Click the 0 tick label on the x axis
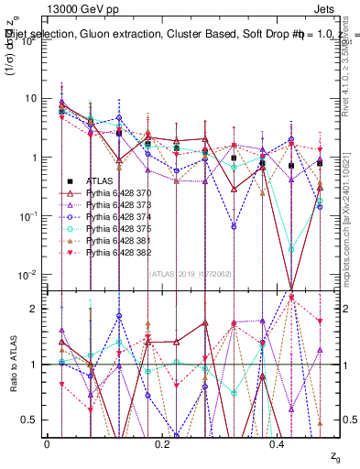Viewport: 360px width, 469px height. click(x=47, y=443)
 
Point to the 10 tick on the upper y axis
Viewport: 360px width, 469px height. click(x=32, y=98)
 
